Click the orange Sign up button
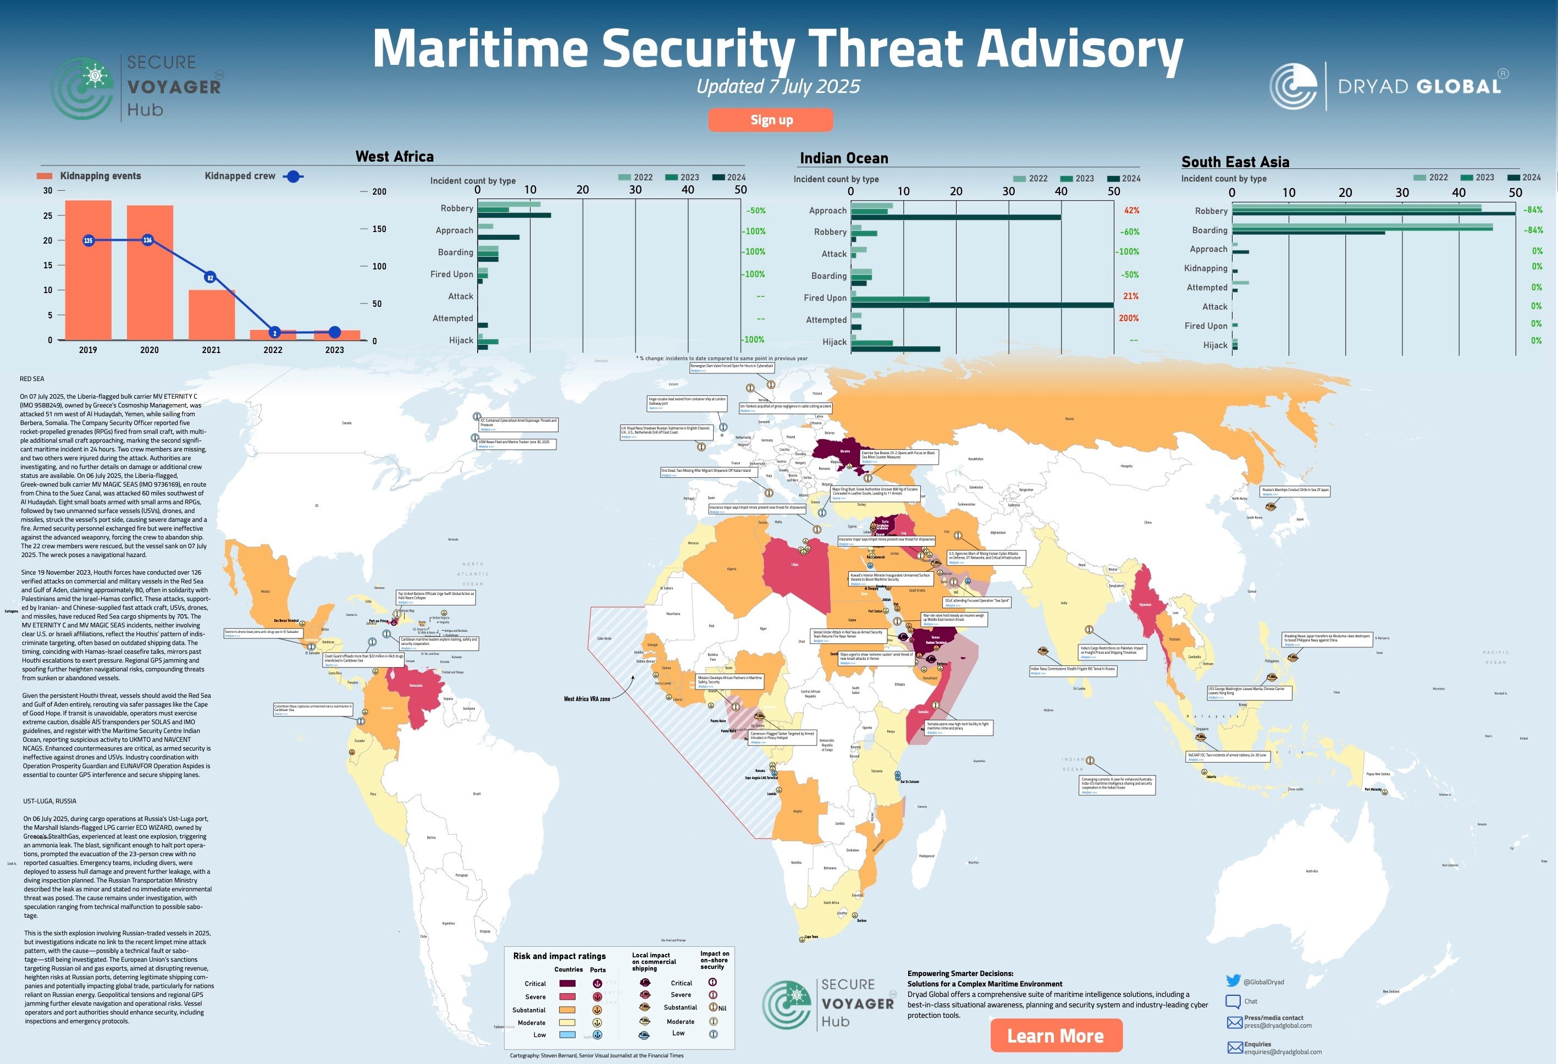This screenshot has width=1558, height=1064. [771, 120]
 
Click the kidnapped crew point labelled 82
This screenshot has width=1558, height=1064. [210, 278]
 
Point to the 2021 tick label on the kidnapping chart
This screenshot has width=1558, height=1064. [211, 350]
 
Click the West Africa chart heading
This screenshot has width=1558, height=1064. [394, 157]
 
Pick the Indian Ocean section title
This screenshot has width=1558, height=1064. [843, 158]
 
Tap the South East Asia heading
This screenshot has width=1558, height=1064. [1235, 162]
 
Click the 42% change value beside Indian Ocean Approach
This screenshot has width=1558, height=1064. [1131, 210]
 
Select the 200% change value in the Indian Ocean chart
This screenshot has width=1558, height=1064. [1129, 318]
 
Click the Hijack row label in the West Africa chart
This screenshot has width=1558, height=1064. [461, 340]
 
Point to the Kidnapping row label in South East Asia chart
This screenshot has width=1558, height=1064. [1206, 268]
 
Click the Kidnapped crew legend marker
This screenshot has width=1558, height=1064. [293, 177]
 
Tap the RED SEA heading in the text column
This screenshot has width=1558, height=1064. [32, 379]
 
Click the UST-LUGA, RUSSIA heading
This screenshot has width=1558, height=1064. [49, 801]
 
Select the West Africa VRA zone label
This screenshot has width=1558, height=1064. [587, 698]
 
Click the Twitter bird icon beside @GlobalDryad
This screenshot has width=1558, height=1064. [1233, 981]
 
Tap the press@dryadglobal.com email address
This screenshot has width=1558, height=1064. [1278, 1026]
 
